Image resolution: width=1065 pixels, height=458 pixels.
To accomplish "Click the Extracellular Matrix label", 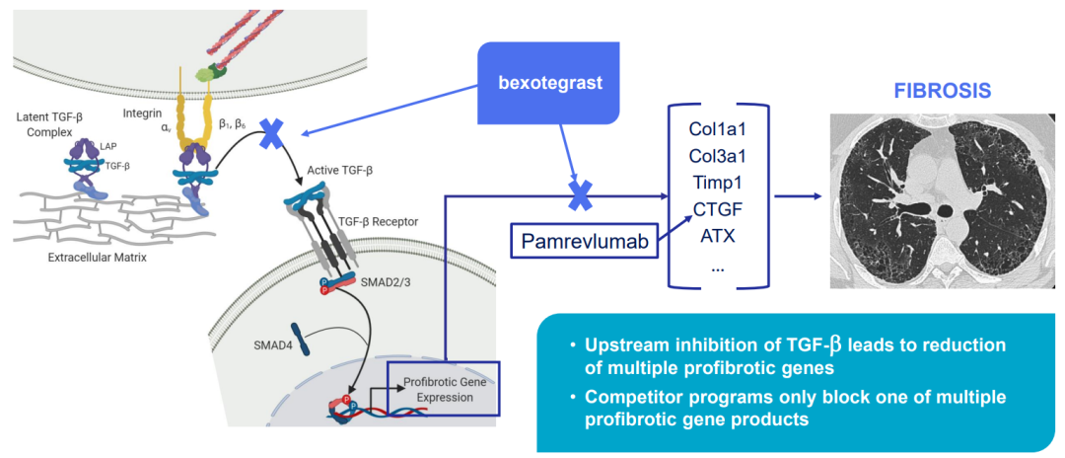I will [x=97, y=258].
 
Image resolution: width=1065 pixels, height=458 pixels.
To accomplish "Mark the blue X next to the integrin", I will [x=271, y=136].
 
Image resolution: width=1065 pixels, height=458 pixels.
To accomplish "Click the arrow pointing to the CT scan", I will [x=800, y=195].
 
